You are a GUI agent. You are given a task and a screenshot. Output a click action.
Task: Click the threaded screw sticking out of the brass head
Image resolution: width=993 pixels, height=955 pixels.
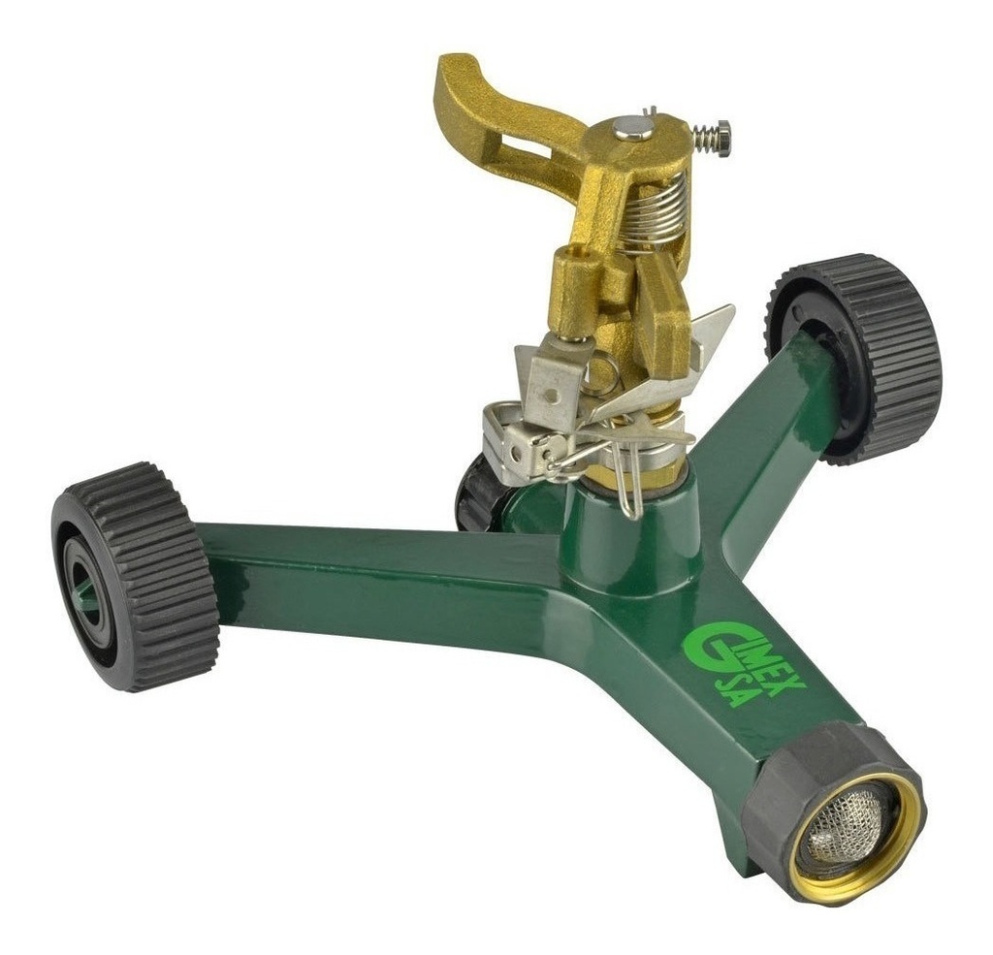click(x=713, y=138)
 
